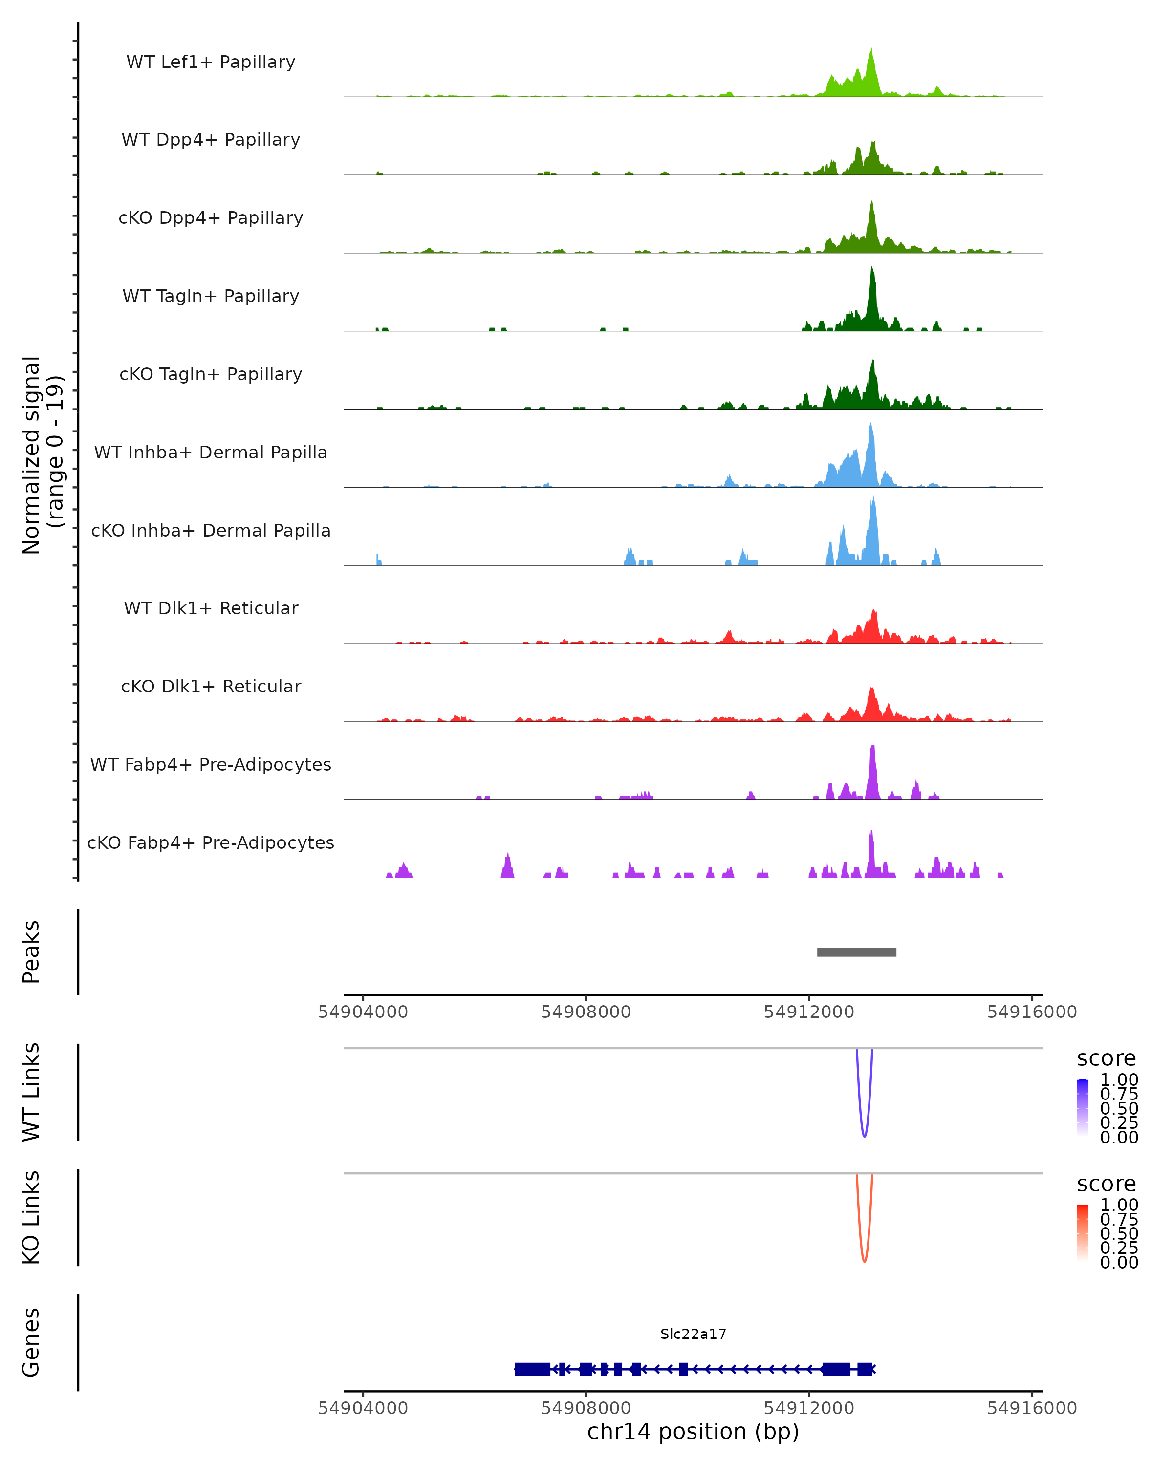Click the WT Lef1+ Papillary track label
pyautogui.click(x=211, y=62)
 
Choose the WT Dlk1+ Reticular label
pyautogui.click(x=211, y=608)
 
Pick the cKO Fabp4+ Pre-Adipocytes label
pyautogui.click(x=211, y=842)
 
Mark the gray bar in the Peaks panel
pyautogui.click(x=856, y=952)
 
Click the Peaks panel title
pyautogui.click(x=31, y=952)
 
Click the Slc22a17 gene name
pyautogui.click(x=693, y=1334)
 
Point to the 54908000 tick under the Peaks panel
pyautogui.click(x=586, y=1012)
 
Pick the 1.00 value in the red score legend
pyautogui.click(x=1119, y=1205)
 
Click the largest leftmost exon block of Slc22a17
pyautogui.click(x=532, y=1369)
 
